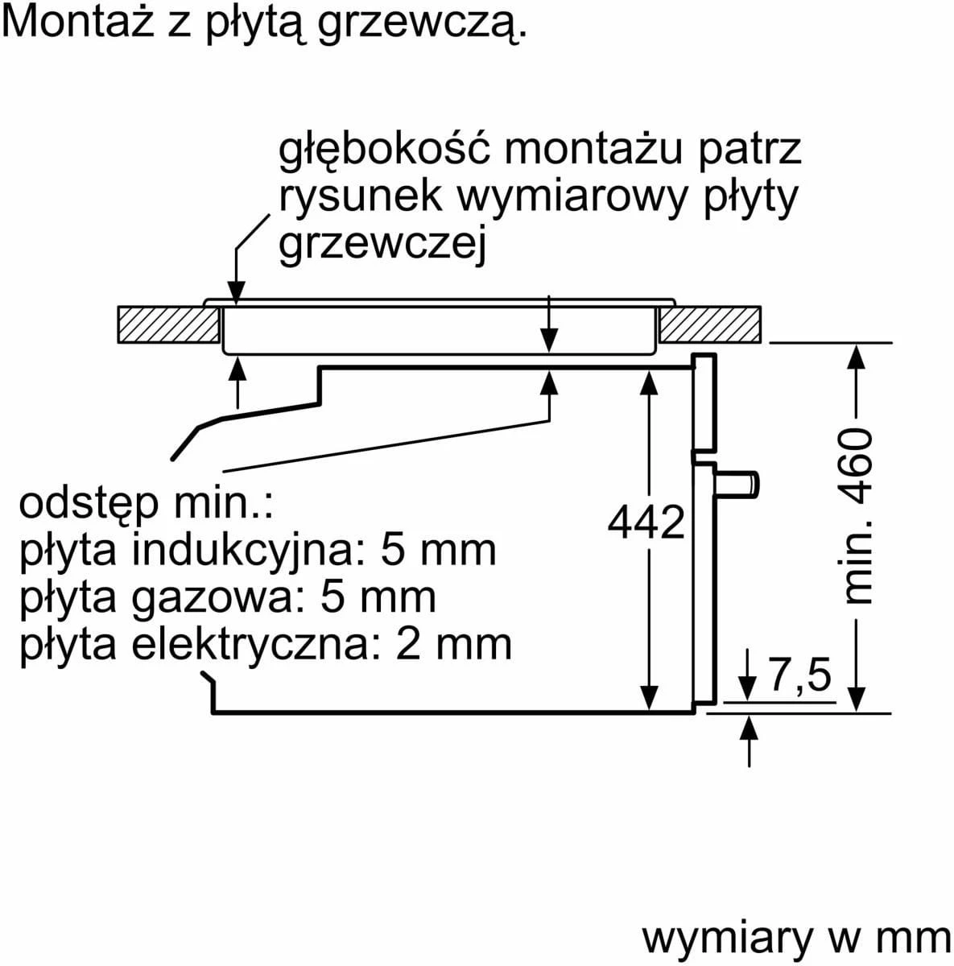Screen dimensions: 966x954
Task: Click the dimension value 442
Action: tap(646, 522)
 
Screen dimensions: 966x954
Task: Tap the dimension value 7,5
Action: tap(799, 675)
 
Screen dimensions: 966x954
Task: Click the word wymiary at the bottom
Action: tap(727, 939)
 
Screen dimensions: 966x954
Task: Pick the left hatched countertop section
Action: tap(168, 324)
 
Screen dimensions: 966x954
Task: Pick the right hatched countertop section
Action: tap(709, 324)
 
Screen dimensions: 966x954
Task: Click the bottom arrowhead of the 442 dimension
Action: tap(649, 699)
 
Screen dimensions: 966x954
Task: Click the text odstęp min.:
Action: tap(146, 506)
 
